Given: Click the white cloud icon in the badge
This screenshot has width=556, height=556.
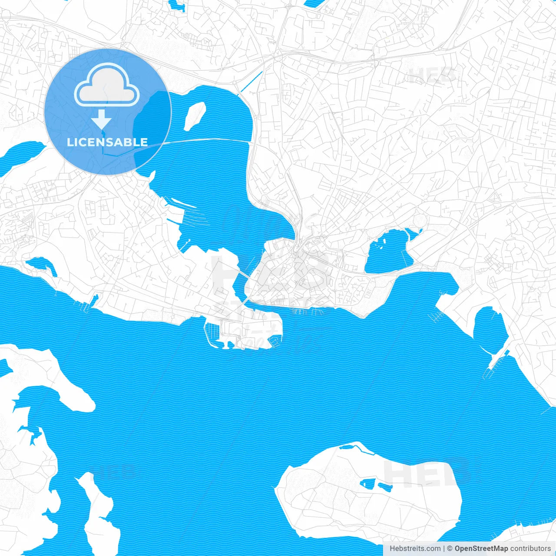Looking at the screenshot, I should (x=107, y=85).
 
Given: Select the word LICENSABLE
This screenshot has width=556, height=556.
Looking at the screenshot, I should (x=107, y=142).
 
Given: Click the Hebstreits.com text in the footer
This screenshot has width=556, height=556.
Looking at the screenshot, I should (x=415, y=549).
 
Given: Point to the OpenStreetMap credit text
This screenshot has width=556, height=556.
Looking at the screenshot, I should (x=481, y=549).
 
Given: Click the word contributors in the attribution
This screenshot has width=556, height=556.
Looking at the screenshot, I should (x=530, y=549).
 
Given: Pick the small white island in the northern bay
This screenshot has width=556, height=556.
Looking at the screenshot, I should (x=195, y=116).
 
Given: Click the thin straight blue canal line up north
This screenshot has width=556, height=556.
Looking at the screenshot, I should (x=252, y=81).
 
